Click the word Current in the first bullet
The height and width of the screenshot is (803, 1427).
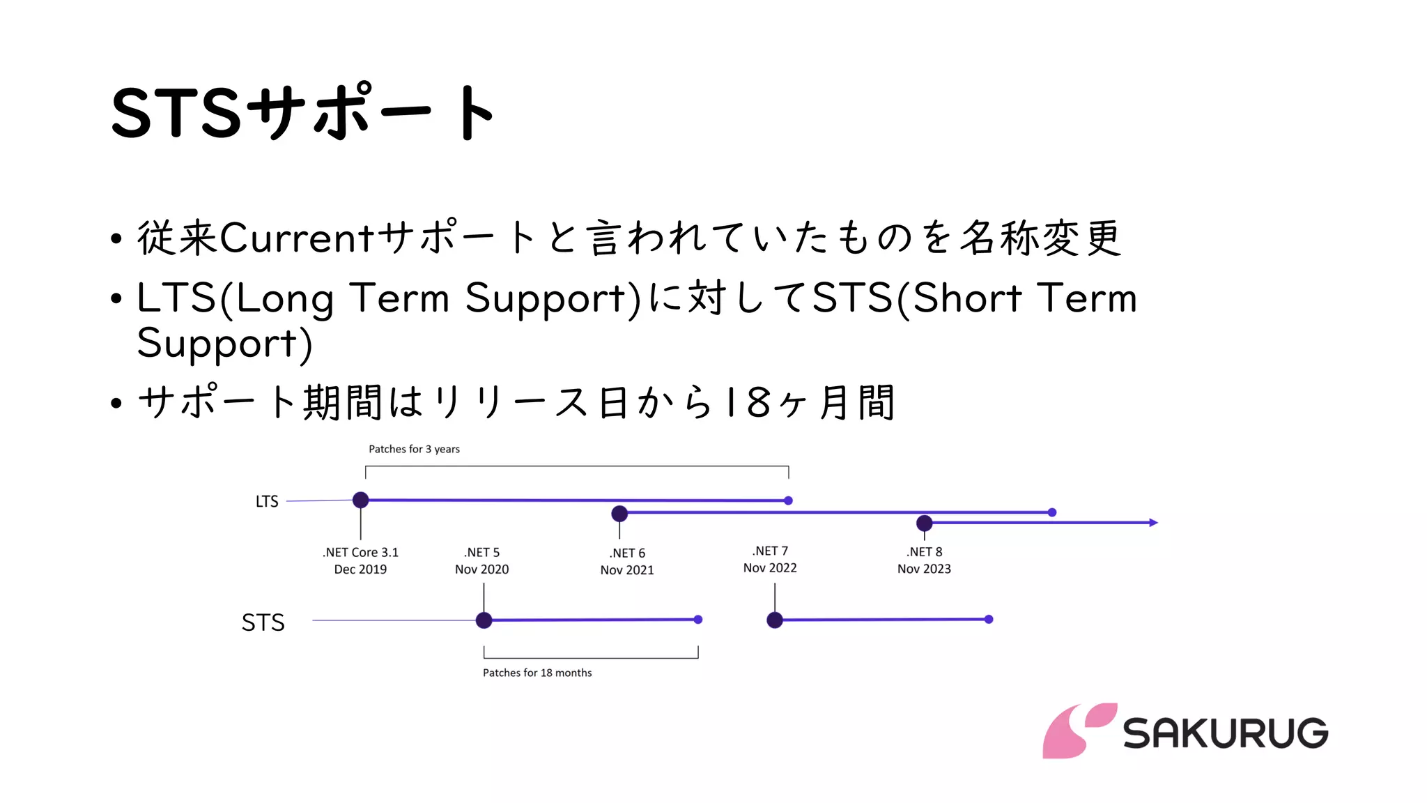coord(298,238)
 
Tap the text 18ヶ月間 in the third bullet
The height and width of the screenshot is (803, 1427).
coord(808,402)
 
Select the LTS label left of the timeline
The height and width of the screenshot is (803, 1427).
coord(267,501)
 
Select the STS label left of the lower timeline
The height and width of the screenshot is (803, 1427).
coord(263,622)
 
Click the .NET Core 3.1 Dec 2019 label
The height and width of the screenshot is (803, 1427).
coord(360,560)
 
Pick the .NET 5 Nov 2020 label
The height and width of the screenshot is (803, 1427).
coord(482,560)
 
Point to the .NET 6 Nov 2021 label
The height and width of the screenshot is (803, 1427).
coord(627,561)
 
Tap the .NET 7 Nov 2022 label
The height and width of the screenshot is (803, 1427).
coord(770,559)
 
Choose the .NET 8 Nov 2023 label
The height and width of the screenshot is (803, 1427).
coord(924,560)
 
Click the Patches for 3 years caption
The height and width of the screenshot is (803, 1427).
coord(414,449)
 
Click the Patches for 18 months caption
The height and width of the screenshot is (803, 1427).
coord(537,673)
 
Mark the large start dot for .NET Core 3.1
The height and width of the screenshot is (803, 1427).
coord(360,500)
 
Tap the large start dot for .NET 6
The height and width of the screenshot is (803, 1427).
coord(619,514)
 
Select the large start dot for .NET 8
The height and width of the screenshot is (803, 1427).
coord(924,523)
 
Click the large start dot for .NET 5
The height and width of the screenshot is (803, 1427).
coord(484,620)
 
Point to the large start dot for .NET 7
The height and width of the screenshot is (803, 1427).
coord(775,620)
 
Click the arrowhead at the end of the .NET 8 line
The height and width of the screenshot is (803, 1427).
coord(1153,522)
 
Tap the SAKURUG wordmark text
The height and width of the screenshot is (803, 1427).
coord(1226,733)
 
